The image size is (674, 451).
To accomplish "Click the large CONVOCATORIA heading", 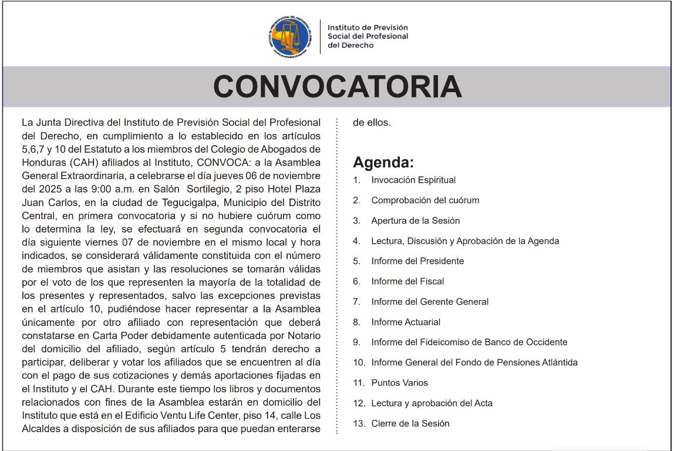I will coord(337,86).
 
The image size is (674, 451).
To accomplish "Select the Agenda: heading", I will coord(383,162).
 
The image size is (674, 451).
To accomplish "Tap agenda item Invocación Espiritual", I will coord(413,180).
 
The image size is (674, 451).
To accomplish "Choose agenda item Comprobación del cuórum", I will coord(425,200).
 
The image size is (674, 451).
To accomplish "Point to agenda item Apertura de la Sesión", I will coord(415,221).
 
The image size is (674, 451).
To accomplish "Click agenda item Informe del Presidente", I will coord(417,261).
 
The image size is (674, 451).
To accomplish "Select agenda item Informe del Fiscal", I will coord(407,281).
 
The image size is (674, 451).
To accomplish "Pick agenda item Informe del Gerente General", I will coord(430,302).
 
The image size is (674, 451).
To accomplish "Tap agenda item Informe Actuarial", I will coord(406,322).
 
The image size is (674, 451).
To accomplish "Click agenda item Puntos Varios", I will coord(399,383).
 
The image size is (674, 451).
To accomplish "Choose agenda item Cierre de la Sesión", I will coord(410,423).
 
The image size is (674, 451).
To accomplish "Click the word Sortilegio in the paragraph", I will coord(216,189).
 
